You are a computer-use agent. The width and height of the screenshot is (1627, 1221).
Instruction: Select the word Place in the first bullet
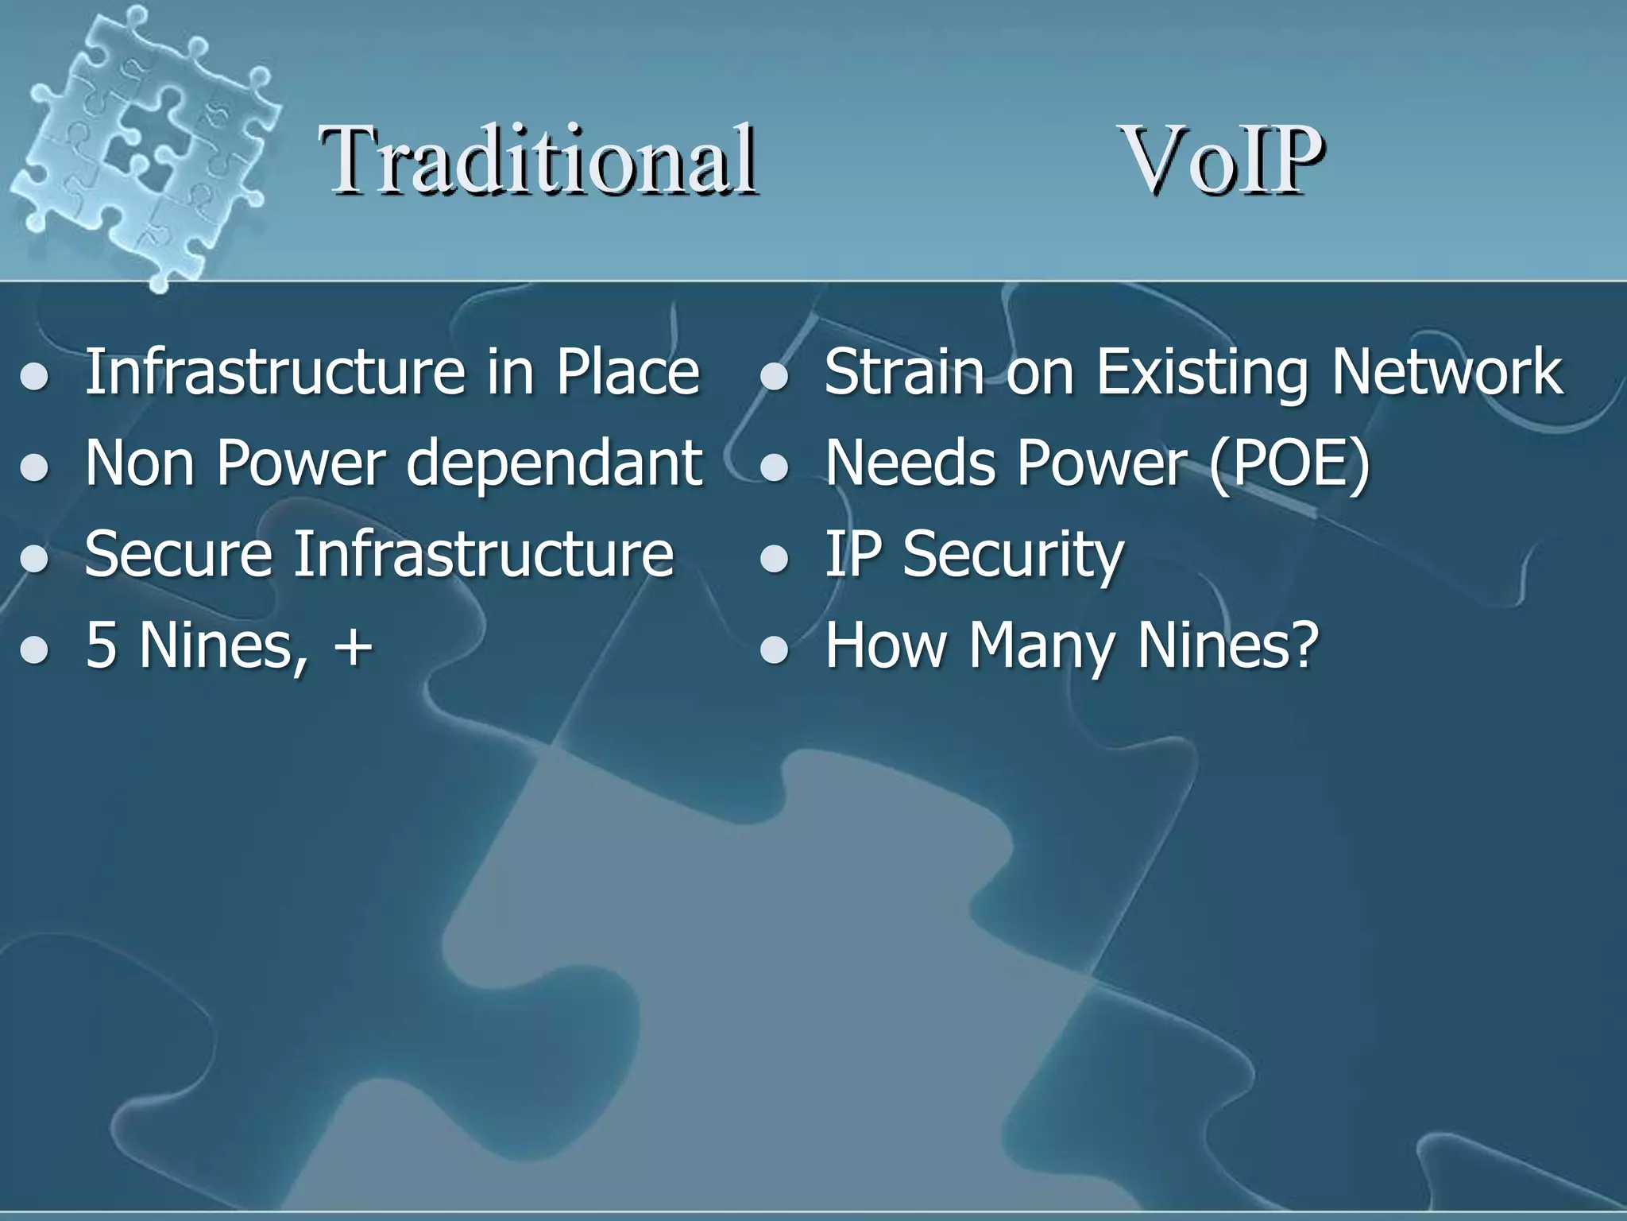tap(627, 371)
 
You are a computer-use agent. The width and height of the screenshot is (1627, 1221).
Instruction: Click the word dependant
tap(554, 463)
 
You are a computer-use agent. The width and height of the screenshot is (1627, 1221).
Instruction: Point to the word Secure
tap(179, 554)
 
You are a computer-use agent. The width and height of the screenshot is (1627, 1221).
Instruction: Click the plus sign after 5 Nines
tap(353, 645)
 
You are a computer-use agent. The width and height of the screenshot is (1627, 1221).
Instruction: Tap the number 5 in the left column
tap(101, 645)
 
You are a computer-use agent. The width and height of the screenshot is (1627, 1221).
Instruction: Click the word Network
tap(1447, 371)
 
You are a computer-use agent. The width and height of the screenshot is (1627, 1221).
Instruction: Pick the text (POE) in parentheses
tap(1289, 463)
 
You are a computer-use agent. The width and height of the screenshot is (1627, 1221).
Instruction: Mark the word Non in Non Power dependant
tap(140, 463)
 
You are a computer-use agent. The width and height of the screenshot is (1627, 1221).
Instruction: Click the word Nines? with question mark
tap(1228, 645)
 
